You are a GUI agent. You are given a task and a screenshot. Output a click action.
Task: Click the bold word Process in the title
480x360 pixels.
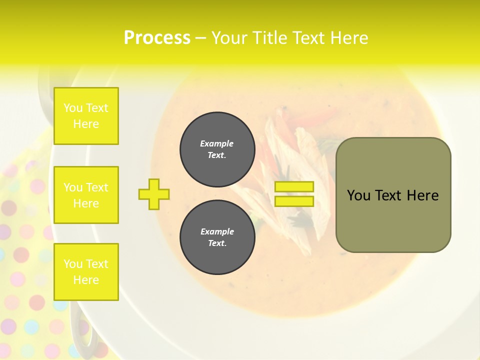click(x=157, y=38)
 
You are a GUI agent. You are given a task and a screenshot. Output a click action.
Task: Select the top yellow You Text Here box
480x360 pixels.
click(x=86, y=116)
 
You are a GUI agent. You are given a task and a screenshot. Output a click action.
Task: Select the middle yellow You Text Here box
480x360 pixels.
click(x=86, y=195)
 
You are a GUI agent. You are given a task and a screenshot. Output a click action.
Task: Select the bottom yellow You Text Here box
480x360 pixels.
click(x=86, y=272)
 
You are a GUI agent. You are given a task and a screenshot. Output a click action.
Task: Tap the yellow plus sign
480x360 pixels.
click(x=154, y=194)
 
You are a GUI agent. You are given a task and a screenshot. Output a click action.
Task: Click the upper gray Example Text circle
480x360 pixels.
click(x=217, y=149)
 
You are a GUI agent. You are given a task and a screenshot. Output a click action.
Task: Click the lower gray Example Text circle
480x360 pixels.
click(x=217, y=237)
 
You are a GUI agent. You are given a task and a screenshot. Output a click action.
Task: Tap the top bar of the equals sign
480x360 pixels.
click(x=294, y=187)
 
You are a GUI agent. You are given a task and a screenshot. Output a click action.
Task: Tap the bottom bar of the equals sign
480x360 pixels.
click(x=294, y=201)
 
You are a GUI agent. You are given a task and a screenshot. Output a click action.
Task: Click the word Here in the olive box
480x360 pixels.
click(x=422, y=195)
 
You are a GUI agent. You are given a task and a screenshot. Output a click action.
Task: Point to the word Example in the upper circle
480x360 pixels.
click(x=217, y=144)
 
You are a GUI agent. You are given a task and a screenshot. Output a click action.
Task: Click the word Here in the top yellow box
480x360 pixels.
click(x=86, y=124)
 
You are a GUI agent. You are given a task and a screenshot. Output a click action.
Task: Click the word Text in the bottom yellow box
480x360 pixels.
click(x=97, y=264)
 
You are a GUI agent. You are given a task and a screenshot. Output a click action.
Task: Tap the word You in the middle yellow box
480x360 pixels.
click(x=73, y=187)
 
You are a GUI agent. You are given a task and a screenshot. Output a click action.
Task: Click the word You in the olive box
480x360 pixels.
click(x=358, y=195)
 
